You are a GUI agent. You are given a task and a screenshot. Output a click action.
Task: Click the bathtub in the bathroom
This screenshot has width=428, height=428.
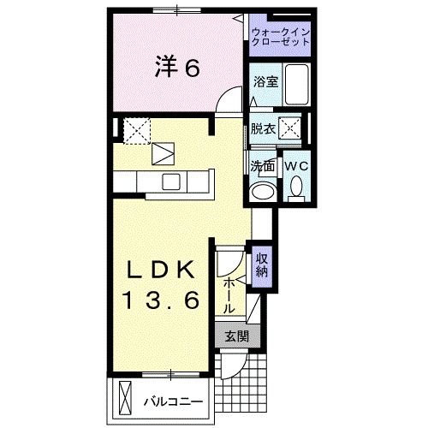click(296, 85)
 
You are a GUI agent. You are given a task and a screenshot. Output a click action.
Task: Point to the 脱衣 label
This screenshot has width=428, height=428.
click(263, 129)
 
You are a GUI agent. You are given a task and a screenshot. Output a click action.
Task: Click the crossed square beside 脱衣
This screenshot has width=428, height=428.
click(292, 129)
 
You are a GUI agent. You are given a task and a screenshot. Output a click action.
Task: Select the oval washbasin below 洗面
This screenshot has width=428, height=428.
click(262, 189)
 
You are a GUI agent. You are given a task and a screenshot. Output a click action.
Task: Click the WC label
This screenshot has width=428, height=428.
click(295, 163)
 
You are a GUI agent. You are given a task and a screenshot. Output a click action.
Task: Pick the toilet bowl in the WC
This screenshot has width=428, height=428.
click(296, 186)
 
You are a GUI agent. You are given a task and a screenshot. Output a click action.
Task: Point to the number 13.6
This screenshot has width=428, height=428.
click(163, 301)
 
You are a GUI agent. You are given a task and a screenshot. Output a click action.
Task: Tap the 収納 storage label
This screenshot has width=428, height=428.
click(262, 265)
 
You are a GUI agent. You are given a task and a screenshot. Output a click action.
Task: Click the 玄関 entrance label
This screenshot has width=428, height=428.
click(236, 336)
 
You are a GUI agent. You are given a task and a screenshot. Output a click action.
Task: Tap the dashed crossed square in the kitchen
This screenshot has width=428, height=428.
click(137, 129)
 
